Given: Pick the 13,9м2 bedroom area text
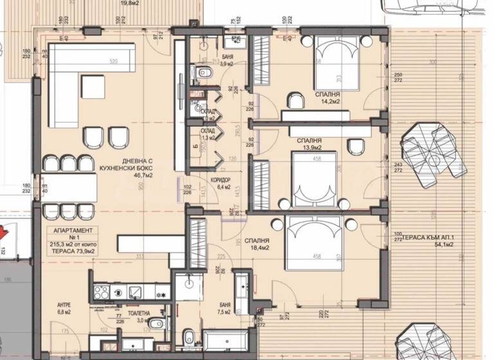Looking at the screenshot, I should coord(309,148).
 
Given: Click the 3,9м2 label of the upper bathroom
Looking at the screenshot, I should coord(227,64).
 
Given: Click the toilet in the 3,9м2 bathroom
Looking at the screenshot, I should coord(204,73).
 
